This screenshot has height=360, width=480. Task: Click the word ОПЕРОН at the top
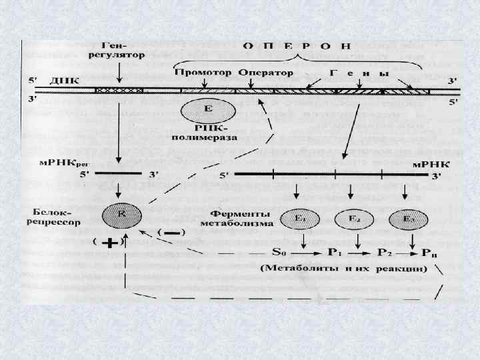coord(296,47)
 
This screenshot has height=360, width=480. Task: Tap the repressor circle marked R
coord(121,215)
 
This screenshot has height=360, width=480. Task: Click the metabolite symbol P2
coord(385,253)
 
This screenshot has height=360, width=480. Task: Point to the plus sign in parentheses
coord(111,244)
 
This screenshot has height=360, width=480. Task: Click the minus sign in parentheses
coord(172,233)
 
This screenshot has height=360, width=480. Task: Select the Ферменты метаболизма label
coord(247,219)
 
